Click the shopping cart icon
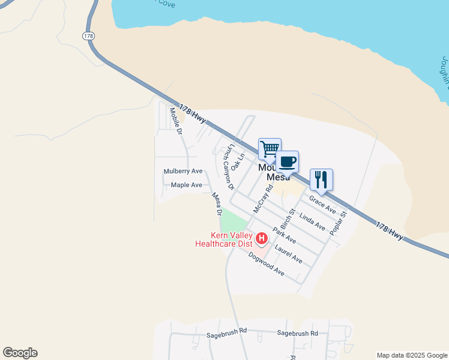[x=270, y=148]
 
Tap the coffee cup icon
[x=288, y=161]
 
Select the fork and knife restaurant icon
[x=321, y=179]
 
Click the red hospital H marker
[x=262, y=239]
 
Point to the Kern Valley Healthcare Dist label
[x=224, y=239]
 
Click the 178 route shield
[x=88, y=36]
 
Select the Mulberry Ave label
[x=183, y=172]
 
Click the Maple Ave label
[x=187, y=185]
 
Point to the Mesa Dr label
[x=217, y=204]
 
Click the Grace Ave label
[x=322, y=203]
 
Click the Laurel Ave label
[x=288, y=253]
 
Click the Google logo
[x=20, y=353]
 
